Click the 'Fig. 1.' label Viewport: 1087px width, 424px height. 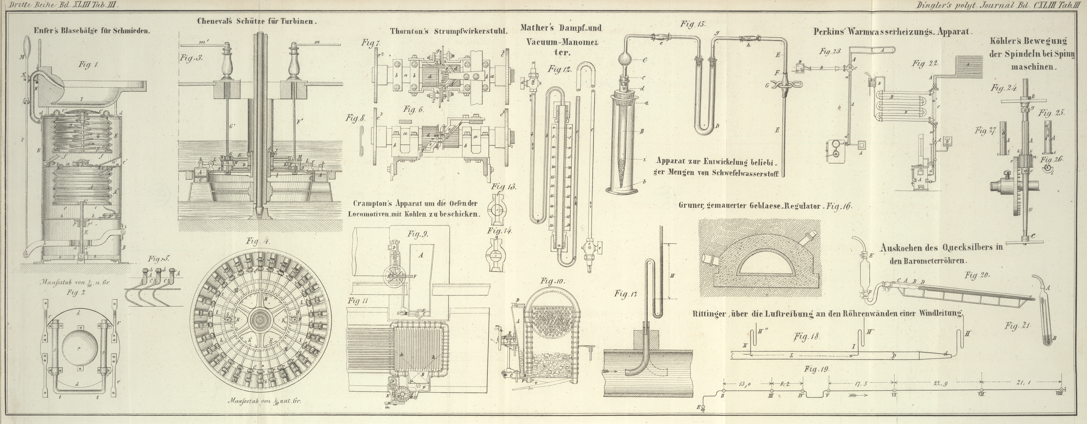[x=88, y=64]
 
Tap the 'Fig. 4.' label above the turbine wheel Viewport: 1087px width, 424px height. [x=258, y=242]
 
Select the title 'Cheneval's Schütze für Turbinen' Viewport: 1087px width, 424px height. [x=256, y=21]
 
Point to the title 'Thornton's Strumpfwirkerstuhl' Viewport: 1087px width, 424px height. [x=448, y=31]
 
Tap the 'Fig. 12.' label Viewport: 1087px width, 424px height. [x=560, y=69]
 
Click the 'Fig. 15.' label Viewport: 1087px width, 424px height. [x=692, y=24]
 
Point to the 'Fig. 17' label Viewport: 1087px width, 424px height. [x=626, y=294]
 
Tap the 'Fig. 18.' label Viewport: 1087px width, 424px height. [x=806, y=337]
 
